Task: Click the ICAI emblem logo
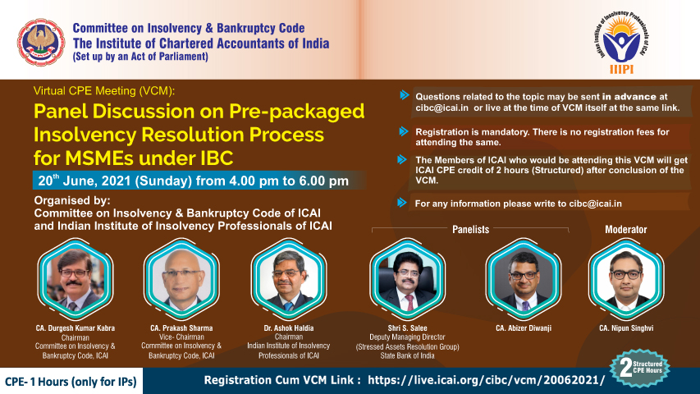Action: (41, 42)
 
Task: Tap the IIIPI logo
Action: (621, 43)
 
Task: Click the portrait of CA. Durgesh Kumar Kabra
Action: (75, 278)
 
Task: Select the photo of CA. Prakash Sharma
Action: (181, 278)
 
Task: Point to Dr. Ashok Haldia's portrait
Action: (288, 278)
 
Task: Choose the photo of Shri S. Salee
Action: (407, 278)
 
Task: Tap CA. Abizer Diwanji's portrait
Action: (524, 278)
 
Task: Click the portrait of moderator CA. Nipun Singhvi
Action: (626, 278)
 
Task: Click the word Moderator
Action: (626, 230)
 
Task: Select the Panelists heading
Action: (470, 230)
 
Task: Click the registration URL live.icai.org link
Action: (486, 380)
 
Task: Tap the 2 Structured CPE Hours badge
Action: (639, 368)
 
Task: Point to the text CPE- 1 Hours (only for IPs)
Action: (71, 382)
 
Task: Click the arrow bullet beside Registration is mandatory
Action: (404, 131)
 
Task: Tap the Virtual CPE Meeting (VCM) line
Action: (104, 90)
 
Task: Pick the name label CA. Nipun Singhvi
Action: (626, 328)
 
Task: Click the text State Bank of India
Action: (407, 356)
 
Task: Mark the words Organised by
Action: (72, 200)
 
